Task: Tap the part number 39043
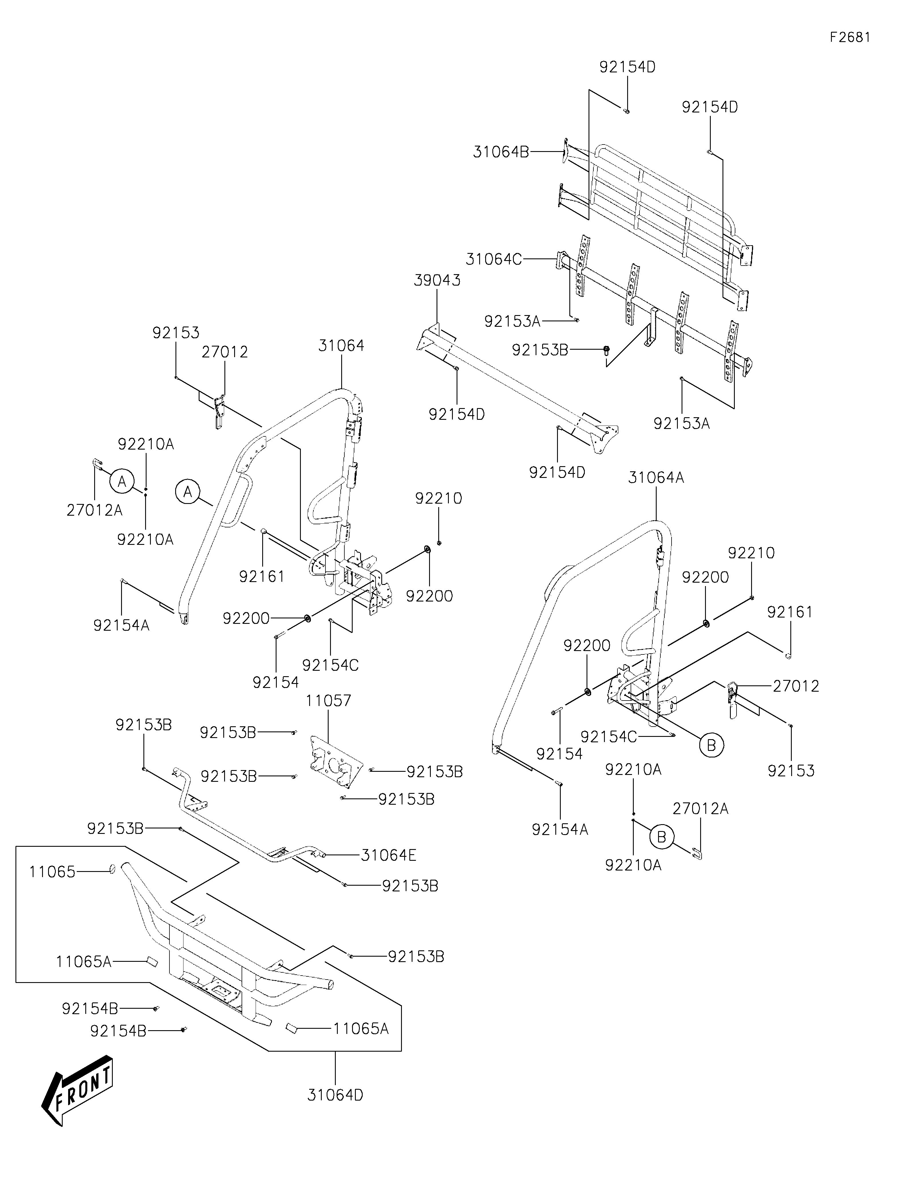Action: click(x=437, y=280)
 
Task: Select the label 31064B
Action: click(x=501, y=152)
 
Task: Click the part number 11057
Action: click(x=328, y=701)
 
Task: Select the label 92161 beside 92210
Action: click(x=790, y=612)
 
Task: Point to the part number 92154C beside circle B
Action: click(x=608, y=737)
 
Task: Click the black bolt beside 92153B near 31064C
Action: click(x=607, y=351)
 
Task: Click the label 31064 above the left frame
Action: click(x=341, y=346)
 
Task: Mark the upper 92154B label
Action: click(x=90, y=1008)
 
